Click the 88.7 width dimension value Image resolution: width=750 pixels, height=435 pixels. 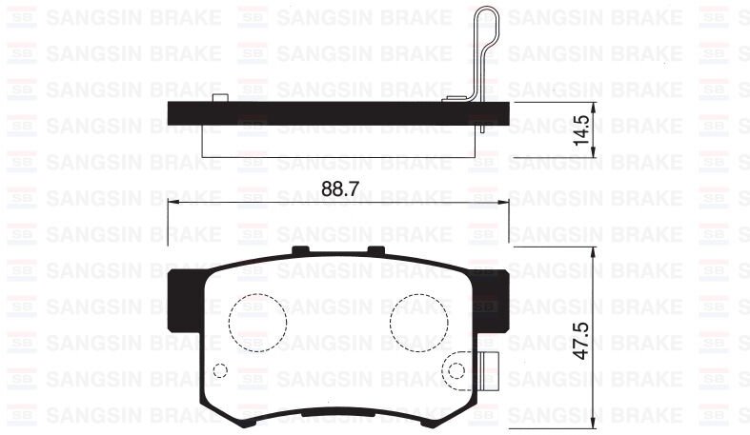click(339, 188)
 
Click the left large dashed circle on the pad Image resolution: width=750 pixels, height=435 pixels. click(258, 321)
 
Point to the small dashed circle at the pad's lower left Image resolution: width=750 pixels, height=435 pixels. click(220, 371)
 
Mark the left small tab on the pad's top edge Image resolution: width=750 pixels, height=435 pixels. click(301, 250)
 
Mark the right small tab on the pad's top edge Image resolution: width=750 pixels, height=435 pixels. click(376, 250)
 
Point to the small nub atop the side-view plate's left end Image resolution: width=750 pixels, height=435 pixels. click(220, 99)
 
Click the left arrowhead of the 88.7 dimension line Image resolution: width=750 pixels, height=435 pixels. click(172, 203)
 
